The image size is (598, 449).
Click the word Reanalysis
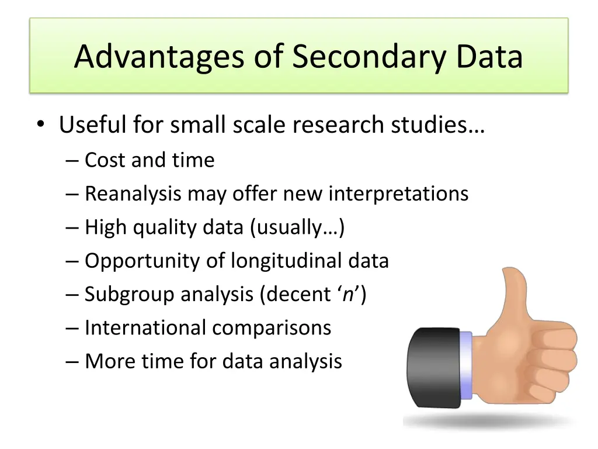click(x=133, y=194)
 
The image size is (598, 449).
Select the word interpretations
click(x=398, y=194)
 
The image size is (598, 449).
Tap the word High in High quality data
click(x=106, y=227)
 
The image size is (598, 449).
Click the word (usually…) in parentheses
click(x=297, y=227)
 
